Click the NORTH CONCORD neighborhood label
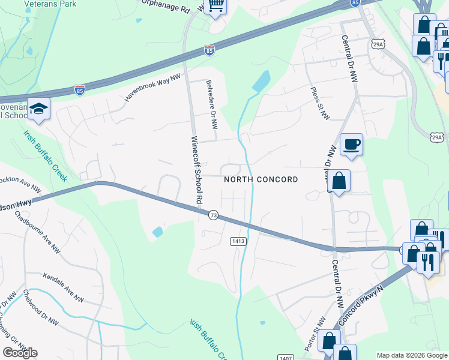(x=261, y=179)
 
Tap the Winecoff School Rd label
(x=194, y=170)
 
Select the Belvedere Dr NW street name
(x=211, y=105)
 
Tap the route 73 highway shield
(x=213, y=215)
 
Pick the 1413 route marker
(x=238, y=241)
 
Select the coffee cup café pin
(x=351, y=145)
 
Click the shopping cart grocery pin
(x=215, y=7)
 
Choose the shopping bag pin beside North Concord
(x=339, y=181)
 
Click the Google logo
(x=20, y=353)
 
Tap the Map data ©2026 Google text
(x=412, y=355)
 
